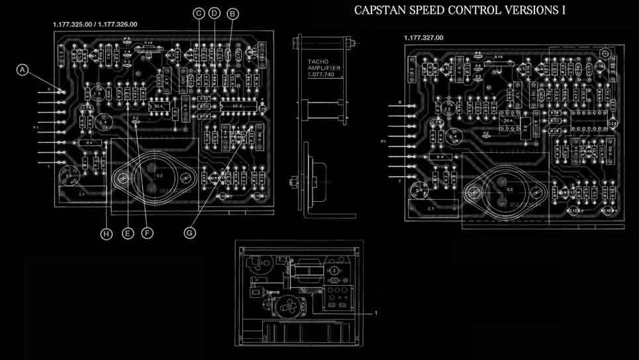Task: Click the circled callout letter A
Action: [23, 69]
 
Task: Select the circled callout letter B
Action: [232, 13]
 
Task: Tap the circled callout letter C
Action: [199, 13]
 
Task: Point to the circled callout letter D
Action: [214, 13]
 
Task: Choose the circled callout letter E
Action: [128, 233]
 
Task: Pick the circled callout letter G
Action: [190, 233]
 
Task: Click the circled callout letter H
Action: [107, 233]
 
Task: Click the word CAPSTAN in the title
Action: [377, 11]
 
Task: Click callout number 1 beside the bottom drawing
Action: [376, 311]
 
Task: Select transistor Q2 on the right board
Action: [510, 191]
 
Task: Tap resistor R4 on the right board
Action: [439, 157]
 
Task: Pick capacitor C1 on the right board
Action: [430, 208]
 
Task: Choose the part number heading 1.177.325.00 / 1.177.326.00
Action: [95, 24]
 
